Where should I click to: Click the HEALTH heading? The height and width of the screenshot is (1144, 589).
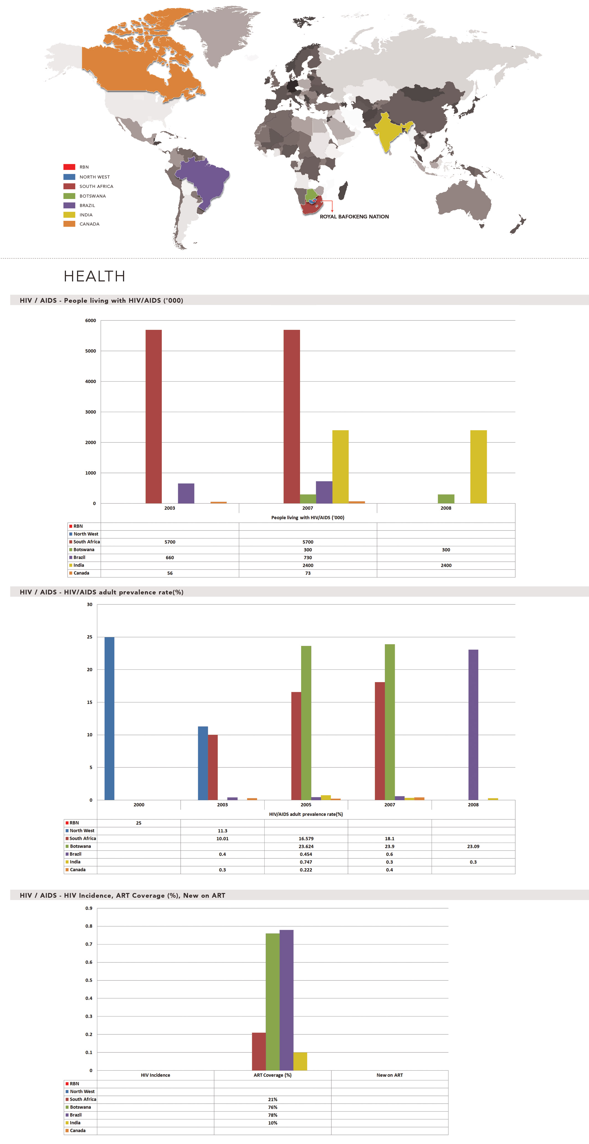click(94, 276)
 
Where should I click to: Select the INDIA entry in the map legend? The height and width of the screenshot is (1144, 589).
click(86, 215)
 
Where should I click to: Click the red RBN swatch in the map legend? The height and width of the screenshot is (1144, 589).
click(69, 167)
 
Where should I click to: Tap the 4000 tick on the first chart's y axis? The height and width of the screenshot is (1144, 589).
click(91, 382)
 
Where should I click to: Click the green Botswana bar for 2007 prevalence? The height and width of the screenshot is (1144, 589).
click(390, 722)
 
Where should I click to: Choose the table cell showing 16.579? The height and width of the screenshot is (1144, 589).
click(306, 838)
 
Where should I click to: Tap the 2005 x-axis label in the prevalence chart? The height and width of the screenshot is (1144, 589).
click(306, 805)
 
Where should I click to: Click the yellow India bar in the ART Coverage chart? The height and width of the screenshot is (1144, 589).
click(300, 1062)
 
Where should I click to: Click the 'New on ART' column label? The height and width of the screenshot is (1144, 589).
click(390, 1075)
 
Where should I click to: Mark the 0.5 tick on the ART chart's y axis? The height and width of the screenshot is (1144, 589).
click(89, 980)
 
